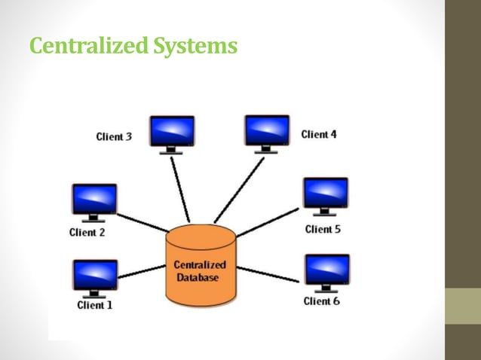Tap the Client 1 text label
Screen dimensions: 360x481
pos(94,305)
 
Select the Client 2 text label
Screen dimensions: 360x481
pos(87,232)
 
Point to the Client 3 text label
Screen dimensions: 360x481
pos(114,136)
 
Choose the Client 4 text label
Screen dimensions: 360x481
pos(319,134)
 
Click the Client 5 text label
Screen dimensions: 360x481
pos(323,228)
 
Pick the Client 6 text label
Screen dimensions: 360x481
pos(322,301)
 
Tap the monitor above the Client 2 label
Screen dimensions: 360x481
pos(93,200)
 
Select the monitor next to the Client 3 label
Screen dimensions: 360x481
pos(172,132)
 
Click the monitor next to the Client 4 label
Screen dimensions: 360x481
pos(267,131)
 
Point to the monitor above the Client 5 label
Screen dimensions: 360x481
pos(325,194)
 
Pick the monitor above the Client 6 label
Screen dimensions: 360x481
pos(326,271)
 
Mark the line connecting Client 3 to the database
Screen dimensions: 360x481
pos(180,188)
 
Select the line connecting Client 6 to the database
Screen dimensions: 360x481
pos(268,273)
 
